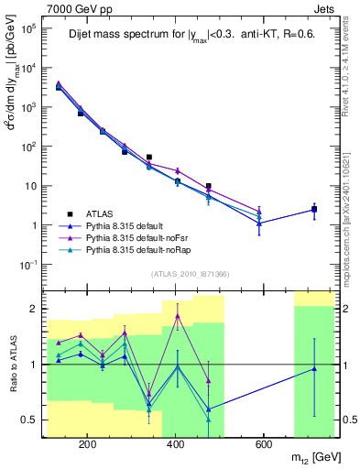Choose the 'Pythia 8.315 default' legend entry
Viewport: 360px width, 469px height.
pyautogui.click(x=128, y=224)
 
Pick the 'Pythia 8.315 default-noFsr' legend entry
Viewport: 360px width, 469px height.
pyautogui.click(x=139, y=236)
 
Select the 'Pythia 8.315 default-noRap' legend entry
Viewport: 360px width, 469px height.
pyautogui.click(x=140, y=248)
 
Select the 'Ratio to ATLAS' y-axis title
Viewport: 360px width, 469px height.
pyautogui.click(x=12, y=364)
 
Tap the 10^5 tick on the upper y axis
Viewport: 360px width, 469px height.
pyautogui.click(x=29, y=28)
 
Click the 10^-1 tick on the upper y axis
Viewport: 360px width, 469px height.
pyautogui.click(x=29, y=264)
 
